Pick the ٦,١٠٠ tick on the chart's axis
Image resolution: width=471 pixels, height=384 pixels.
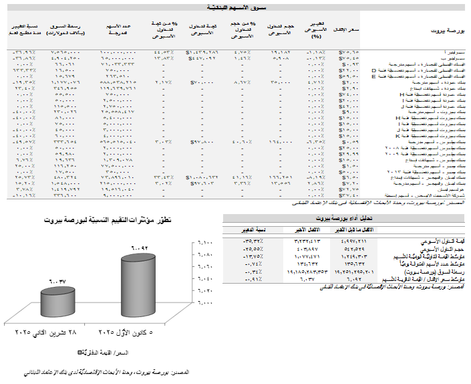206,243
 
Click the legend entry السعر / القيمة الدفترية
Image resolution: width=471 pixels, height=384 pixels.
107,351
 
